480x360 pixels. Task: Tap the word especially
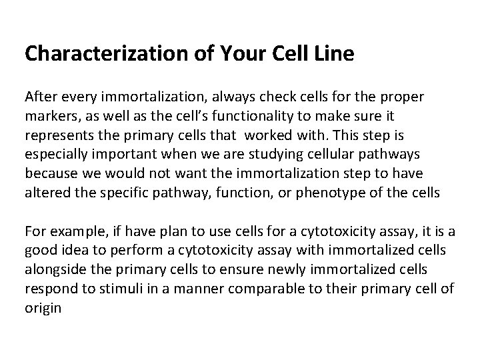[56, 155]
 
